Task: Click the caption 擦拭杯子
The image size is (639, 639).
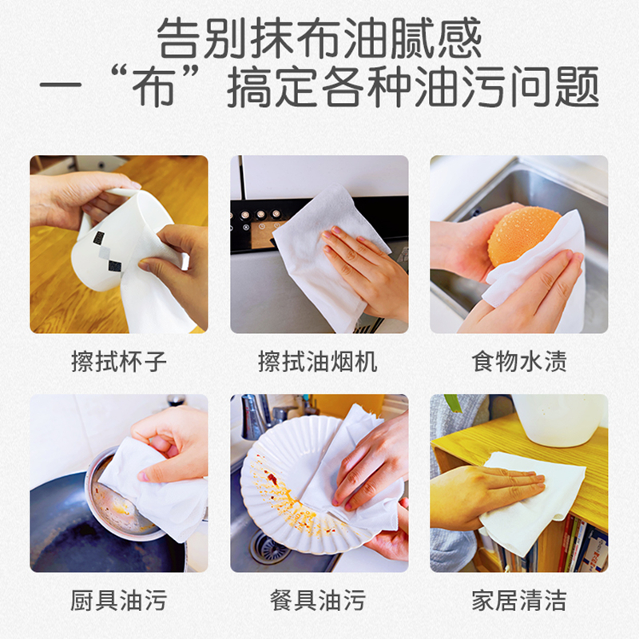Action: [x=119, y=362]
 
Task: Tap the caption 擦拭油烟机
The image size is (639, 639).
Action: [x=318, y=362]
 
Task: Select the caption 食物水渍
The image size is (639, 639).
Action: [x=519, y=362]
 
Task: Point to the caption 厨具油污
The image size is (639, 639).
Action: [x=119, y=601]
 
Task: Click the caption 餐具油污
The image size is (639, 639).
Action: [x=318, y=601]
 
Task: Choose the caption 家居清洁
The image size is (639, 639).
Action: [x=519, y=601]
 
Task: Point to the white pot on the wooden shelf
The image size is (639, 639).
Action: [x=560, y=420]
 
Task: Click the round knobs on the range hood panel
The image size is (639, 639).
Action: [x=260, y=214]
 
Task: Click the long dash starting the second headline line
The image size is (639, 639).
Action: [x=61, y=86]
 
